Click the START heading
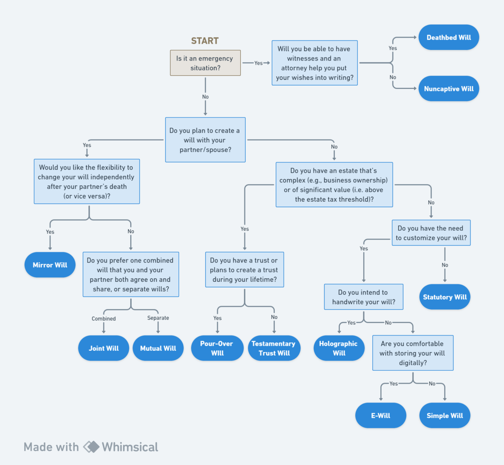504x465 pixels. coord(205,41)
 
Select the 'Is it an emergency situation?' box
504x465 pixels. coord(205,63)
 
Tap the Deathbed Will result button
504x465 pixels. coord(449,37)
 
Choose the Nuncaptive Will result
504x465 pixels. coord(449,89)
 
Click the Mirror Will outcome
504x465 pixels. coord(50,265)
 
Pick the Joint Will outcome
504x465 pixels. coord(104,348)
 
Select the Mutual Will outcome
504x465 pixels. coord(158,348)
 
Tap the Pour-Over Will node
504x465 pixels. coord(217,348)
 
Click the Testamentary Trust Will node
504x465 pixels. coord(274,348)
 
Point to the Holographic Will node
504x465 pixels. coord(339,348)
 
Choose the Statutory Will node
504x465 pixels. coord(445,297)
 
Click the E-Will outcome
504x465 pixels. coord(381,415)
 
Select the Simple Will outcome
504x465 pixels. coord(445,415)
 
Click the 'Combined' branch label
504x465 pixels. coord(104,319)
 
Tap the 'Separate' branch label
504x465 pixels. coord(158,318)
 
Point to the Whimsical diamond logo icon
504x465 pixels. coord(91,447)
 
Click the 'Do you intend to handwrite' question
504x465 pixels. coord(364,297)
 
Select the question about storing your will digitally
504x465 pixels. coord(413,353)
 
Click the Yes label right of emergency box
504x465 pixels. coord(259,63)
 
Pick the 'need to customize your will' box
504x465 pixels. coord(431,233)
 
